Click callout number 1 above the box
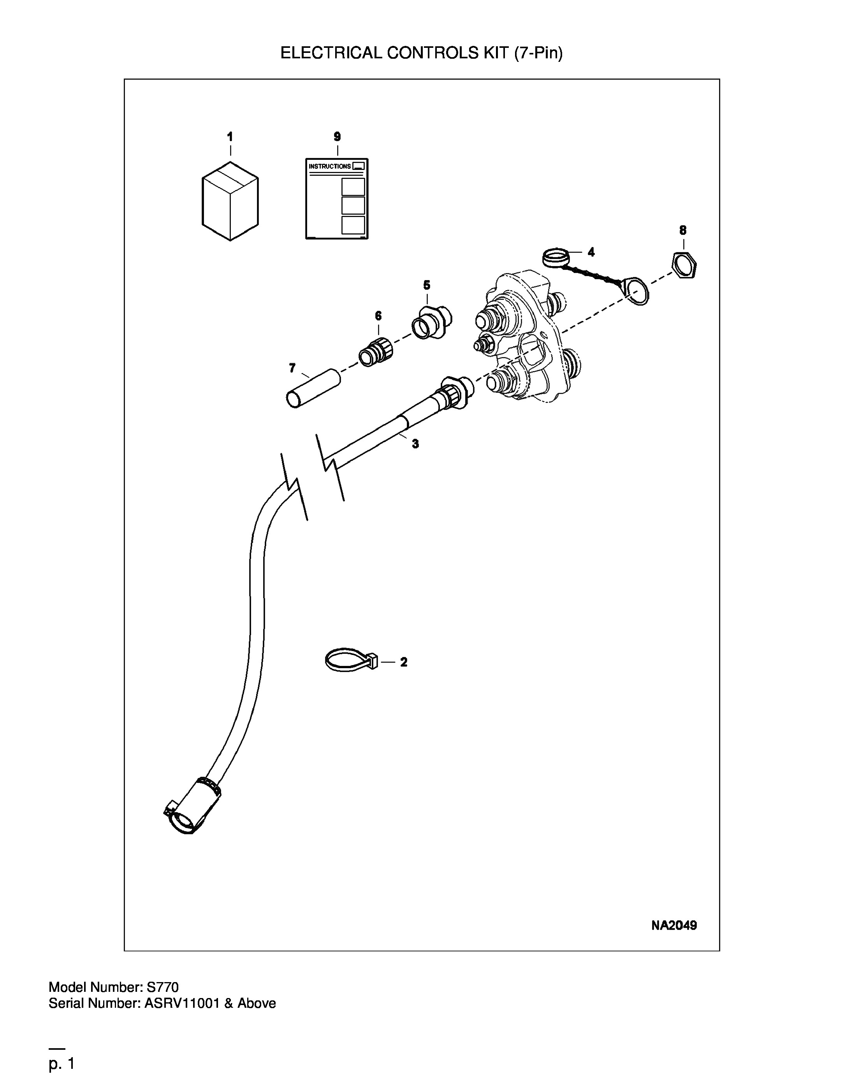(x=230, y=137)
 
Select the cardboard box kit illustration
(x=230, y=201)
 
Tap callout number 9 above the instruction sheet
(x=337, y=137)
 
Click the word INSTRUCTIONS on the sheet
(x=329, y=166)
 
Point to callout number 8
(x=683, y=230)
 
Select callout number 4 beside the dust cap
(x=591, y=252)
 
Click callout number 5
(x=427, y=285)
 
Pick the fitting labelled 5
(x=432, y=321)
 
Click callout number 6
(x=378, y=316)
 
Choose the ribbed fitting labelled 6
(x=376, y=352)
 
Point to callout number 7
(x=292, y=368)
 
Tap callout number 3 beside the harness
(x=415, y=443)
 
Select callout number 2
(x=403, y=662)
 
